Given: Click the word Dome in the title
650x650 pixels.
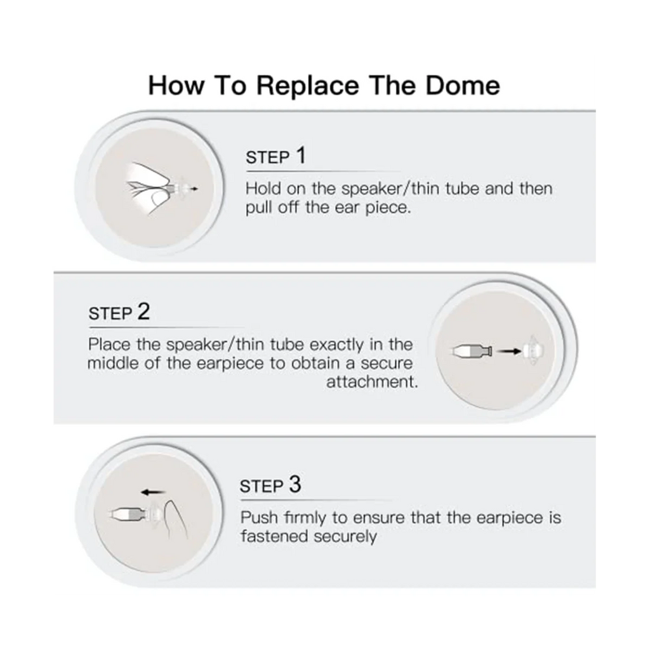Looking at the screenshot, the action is (x=463, y=85).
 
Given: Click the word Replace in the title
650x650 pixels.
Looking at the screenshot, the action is (x=308, y=86).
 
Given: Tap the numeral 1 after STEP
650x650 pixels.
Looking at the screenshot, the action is (x=301, y=156).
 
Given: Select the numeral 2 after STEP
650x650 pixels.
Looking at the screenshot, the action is (x=143, y=311).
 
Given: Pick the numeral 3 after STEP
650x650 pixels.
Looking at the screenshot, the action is (x=295, y=484).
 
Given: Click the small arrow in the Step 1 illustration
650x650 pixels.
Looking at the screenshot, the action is (x=194, y=189).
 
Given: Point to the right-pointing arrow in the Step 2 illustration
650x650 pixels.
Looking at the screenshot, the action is (x=509, y=352).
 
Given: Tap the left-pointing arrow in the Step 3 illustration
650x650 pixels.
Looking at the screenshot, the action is (x=153, y=492).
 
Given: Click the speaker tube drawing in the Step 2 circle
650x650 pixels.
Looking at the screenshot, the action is (x=472, y=352).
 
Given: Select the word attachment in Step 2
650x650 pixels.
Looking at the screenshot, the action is (x=372, y=381).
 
